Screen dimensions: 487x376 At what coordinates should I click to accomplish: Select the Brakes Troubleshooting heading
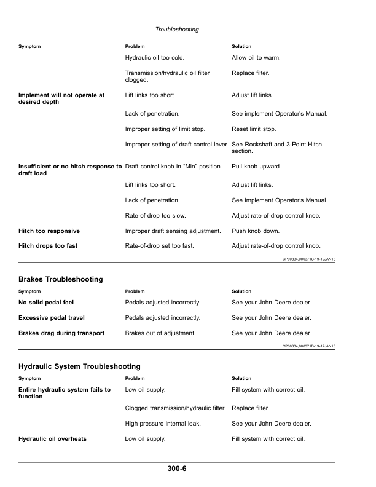(61, 279)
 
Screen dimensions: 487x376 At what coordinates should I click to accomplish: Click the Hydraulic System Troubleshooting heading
(79, 366)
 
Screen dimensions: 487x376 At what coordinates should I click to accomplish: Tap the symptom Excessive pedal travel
(52, 318)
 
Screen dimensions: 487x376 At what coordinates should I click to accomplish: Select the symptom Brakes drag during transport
(61, 333)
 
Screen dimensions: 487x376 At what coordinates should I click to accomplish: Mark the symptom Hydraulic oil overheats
(52, 439)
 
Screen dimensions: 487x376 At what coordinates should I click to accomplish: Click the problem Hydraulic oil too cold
(154, 58)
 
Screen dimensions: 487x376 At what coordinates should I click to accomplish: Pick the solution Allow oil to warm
(256, 58)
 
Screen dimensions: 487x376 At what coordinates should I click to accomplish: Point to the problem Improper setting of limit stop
(165, 129)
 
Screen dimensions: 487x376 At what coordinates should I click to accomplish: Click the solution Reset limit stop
(254, 129)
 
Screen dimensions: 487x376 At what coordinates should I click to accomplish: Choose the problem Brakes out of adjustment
(160, 333)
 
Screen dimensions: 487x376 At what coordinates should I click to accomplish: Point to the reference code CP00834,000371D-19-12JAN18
(309, 346)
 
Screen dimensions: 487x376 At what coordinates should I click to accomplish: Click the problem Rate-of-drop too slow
(155, 216)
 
